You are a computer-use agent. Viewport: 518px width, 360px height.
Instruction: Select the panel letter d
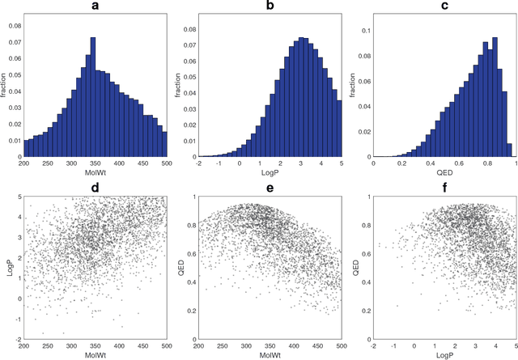coord(96,188)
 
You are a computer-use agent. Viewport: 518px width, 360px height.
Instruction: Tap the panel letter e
coord(270,188)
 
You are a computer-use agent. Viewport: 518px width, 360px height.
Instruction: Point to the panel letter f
coord(443,188)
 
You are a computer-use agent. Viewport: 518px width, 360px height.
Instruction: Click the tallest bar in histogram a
coord(93,97)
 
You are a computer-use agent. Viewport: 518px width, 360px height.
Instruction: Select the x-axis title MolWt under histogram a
coord(96,172)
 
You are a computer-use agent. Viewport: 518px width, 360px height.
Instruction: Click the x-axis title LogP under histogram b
coord(270,172)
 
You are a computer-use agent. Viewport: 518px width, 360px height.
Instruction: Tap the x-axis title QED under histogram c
coord(442,172)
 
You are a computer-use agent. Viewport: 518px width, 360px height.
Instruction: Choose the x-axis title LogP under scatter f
coord(442,353)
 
